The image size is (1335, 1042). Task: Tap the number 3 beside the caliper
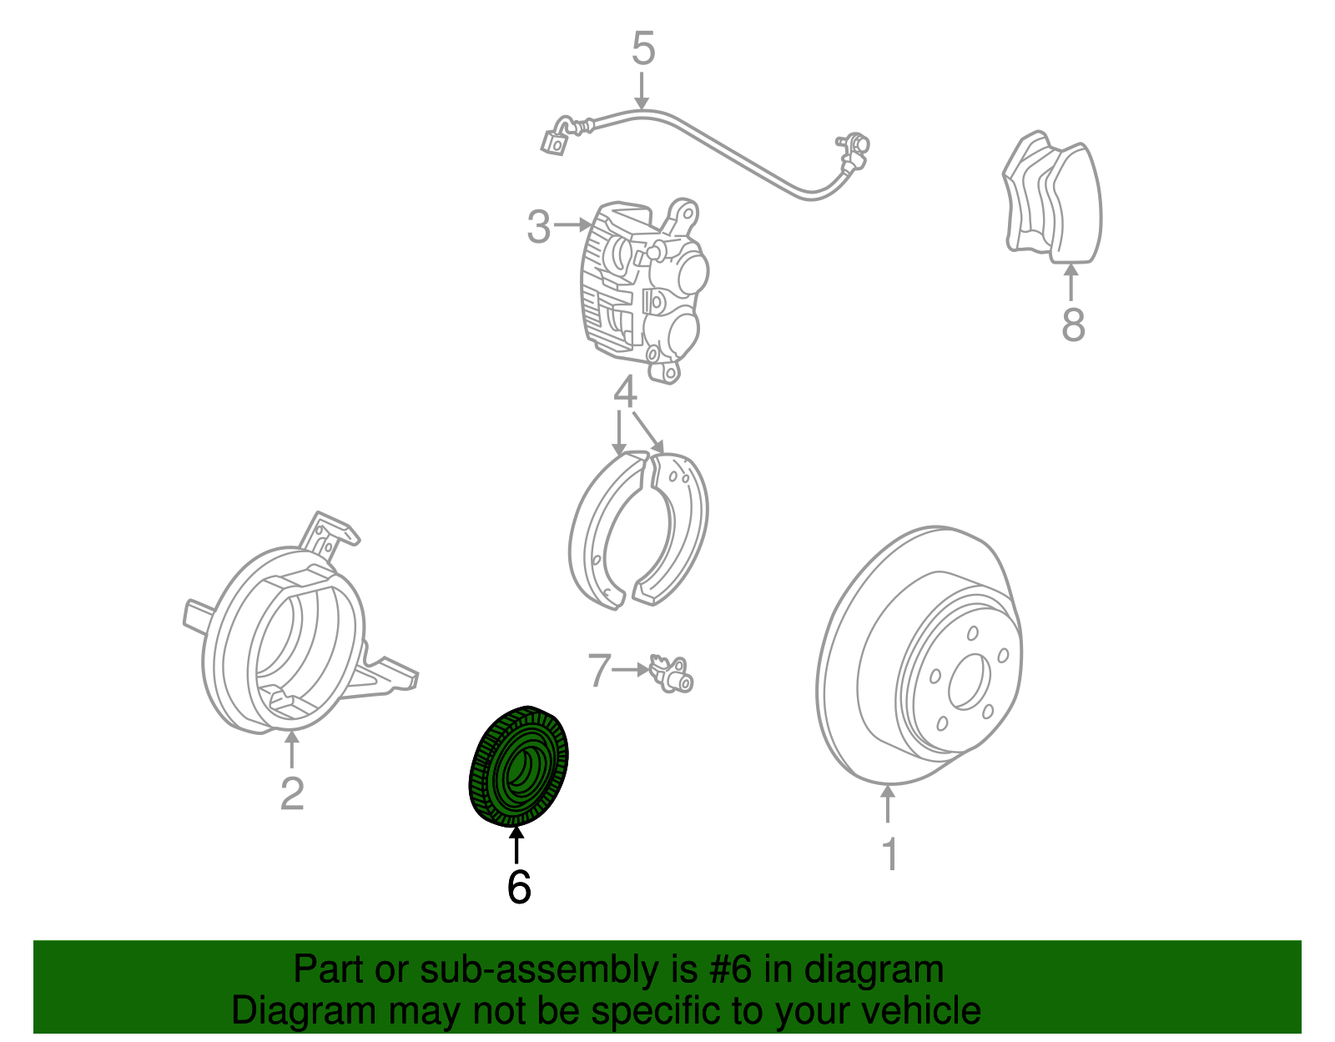(x=539, y=226)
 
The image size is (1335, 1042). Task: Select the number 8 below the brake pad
(x=1073, y=325)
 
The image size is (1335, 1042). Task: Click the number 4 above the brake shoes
(x=626, y=392)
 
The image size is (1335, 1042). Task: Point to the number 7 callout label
(x=599, y=671)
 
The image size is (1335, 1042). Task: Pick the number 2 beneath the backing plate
(x=292, y=793)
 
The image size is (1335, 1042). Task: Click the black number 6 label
(x=518, y=887)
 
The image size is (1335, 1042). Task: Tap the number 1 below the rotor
(x=889, y=854)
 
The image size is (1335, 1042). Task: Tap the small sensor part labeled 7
(x=673, y=674)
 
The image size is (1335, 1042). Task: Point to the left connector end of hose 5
(x=554, y=143)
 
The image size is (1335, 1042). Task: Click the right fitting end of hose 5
(x=853, y=148)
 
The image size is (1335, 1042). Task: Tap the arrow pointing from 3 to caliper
(x=573, y=225)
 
